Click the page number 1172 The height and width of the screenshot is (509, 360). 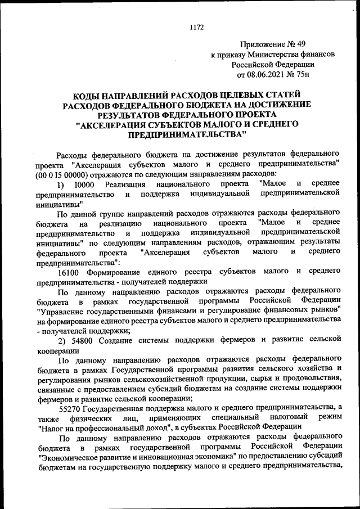point(196,26)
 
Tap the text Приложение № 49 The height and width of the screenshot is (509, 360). point(273,44)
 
